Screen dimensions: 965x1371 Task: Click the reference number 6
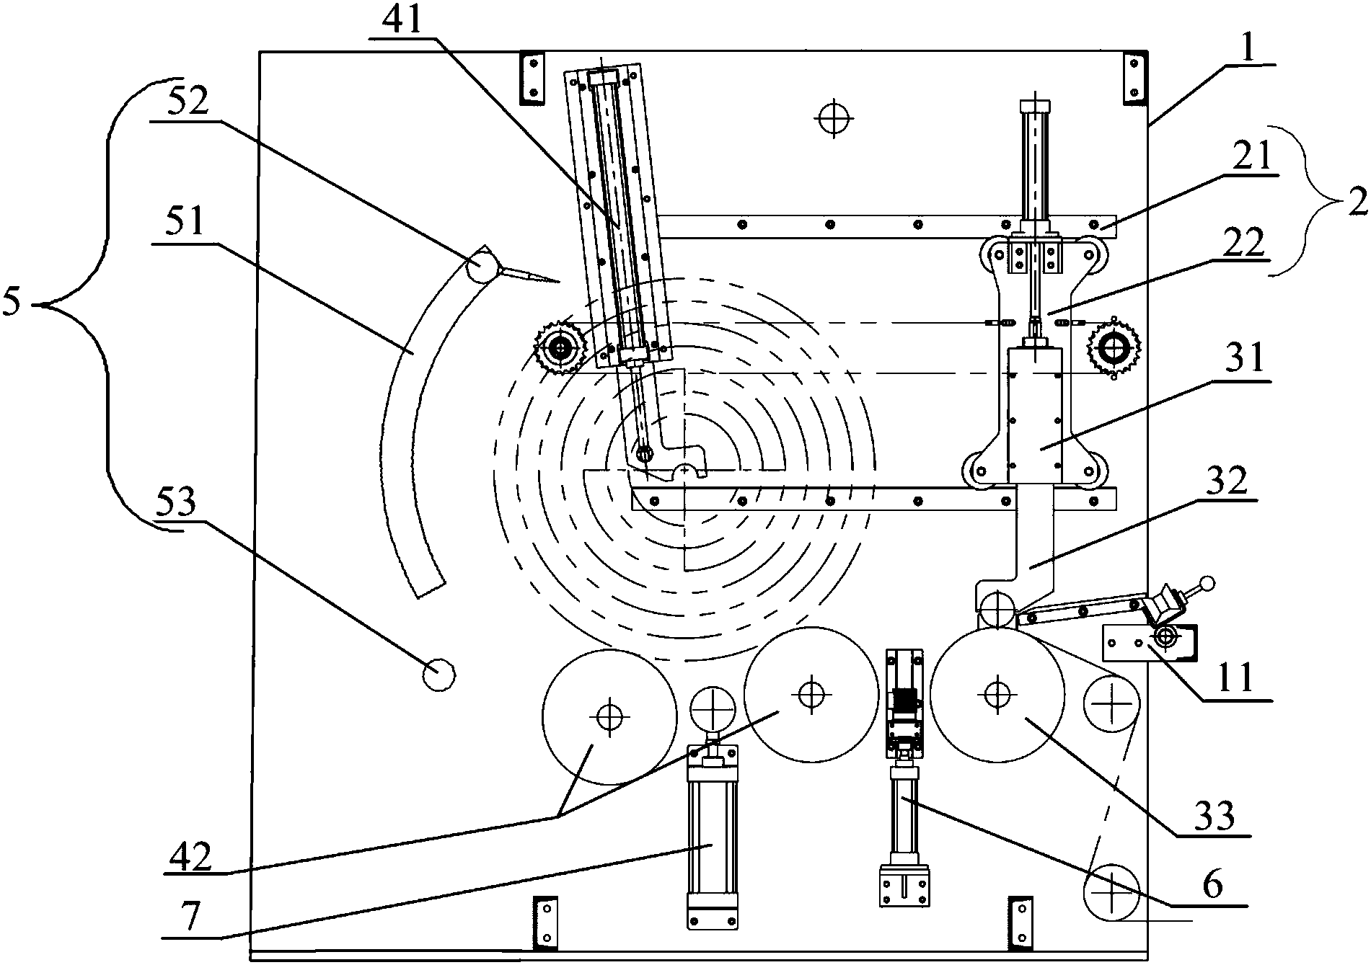(1212, 886)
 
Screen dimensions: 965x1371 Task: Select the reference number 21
(1255, 156)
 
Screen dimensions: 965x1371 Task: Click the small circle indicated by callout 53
(438, 675)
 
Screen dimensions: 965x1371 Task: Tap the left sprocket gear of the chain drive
(558, 350)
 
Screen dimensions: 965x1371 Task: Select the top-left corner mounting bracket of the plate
(532, 79)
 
